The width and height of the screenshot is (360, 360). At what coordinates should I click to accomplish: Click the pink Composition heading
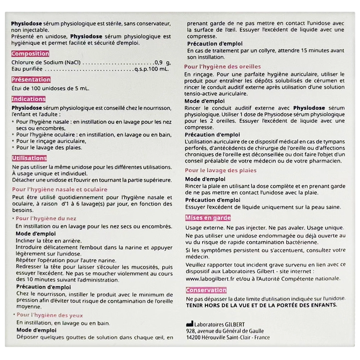(30, 54)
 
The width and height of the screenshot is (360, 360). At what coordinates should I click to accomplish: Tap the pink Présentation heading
(31, 80)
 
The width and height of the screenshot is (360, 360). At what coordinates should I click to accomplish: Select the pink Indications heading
(28, 99)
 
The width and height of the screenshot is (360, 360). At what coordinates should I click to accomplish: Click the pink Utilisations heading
(29, 158)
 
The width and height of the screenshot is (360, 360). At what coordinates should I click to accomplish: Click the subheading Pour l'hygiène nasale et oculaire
(60, 189)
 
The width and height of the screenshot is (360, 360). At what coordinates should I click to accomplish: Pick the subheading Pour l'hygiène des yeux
(49, 315)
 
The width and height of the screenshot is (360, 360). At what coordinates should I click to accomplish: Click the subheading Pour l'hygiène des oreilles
(222, 67)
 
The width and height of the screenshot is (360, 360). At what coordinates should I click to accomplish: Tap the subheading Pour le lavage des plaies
(220, 171)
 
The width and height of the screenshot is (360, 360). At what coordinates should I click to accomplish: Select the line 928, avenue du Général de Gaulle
(225, 331)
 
